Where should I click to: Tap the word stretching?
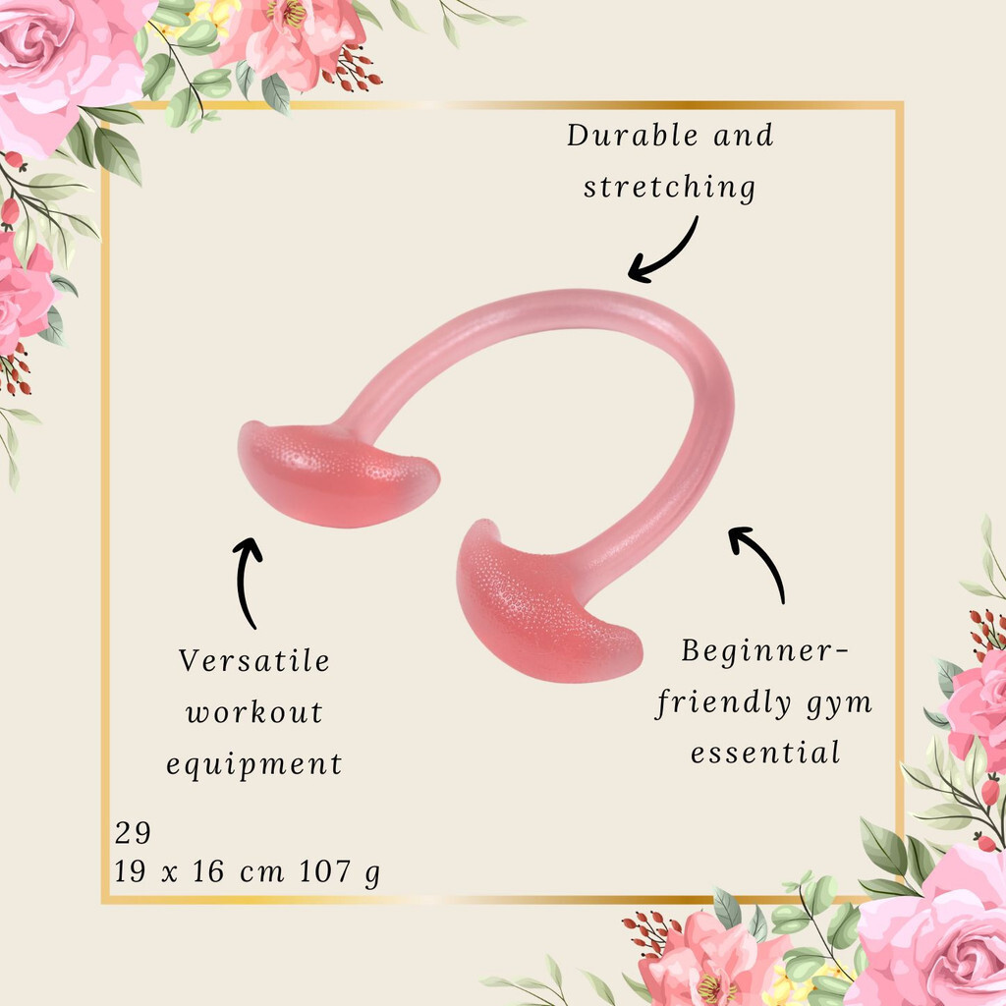pos(669,188)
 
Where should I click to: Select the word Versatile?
pos(254,660)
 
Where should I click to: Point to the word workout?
pos(254,712)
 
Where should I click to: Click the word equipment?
pos(254,764)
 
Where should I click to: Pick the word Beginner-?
pos(764,651)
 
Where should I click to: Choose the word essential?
pos(764,753)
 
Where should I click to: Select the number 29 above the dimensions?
pos(133,833)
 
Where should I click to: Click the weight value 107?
pos(324,871)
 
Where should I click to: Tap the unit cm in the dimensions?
pos(261,873)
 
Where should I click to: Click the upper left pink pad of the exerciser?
pos(337,475)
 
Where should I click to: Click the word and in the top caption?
pos(743,136)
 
